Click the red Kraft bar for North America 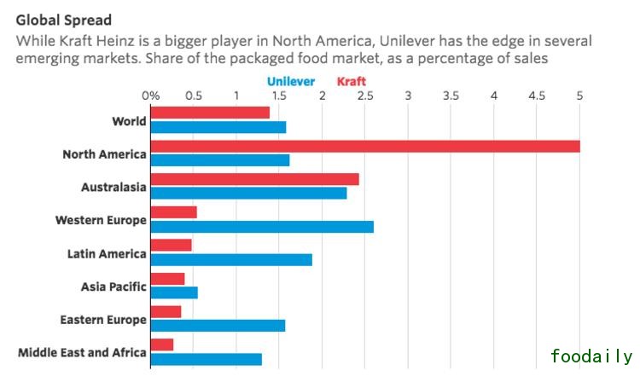click(x=365, y=146)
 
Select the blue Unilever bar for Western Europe click(x=262, y=226)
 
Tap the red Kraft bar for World click(x=210, y=113)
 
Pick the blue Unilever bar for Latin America click(x=231, y=259)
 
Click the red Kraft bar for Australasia click(x=254, y=179)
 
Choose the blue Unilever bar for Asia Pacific click(x=174, y=292)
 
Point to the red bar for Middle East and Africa click(x=162, y=345)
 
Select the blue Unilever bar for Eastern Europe click(x=218, y=325)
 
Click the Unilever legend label click(x=291, y=82)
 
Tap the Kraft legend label click(x=352, y=82)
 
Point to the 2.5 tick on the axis click(x=365, y=96)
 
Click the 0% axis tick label click(x=150, y=96)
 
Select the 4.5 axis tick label click(x=537, y=96)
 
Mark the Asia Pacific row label click(x=113, y=287)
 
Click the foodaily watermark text click(x=591, y=356)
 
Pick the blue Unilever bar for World click(x=218, y=127)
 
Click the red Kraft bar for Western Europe click(x=173, y=212)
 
